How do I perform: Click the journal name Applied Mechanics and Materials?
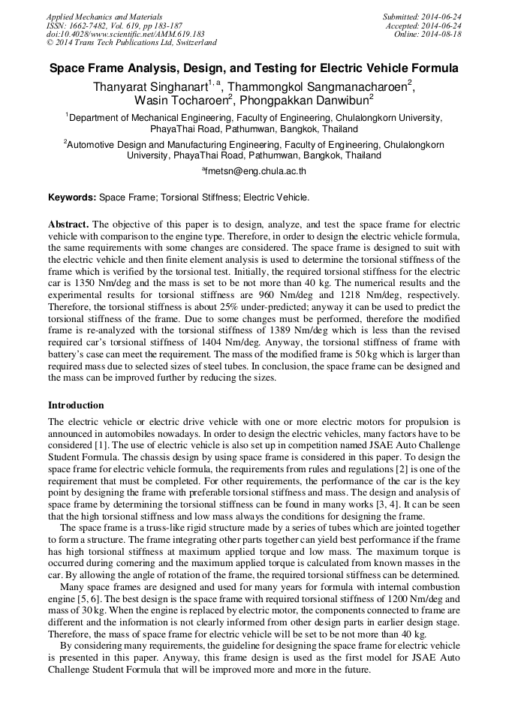[104, 17]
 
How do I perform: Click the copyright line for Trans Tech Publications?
[131, 43]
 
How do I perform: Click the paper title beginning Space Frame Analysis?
[254, 68]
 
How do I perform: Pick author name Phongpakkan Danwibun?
[303, 100]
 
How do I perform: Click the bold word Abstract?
[68, 224]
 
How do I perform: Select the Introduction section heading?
[76, 405]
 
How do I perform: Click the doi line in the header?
[125, 35]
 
